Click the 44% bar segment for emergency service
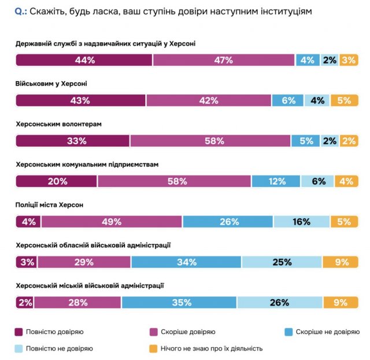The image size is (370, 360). pos(84,60)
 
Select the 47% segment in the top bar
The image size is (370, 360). pos(224,60)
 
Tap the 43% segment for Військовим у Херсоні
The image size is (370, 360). pos(80,100)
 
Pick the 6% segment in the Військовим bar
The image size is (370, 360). pos(288,100)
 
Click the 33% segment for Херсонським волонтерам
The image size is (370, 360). pos(73,141)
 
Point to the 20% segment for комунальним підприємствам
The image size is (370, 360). pos(56,181)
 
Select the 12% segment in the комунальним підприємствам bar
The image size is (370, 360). pos(276,181)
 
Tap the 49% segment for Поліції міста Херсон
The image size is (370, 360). pos(112,222)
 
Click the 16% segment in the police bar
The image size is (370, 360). pos(301,222)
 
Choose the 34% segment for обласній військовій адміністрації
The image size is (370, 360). pos(186,262)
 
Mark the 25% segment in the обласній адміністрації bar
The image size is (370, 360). pos(282,262)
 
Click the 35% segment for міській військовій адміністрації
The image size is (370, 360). pos(179,302)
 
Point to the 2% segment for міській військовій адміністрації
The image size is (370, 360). pos(24,302)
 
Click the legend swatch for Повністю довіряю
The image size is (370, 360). pos(19,332)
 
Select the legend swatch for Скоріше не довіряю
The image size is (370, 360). pos(289,332)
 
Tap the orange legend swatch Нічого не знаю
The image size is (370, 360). pos(153,348)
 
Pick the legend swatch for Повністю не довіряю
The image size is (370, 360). pos(19,348)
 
